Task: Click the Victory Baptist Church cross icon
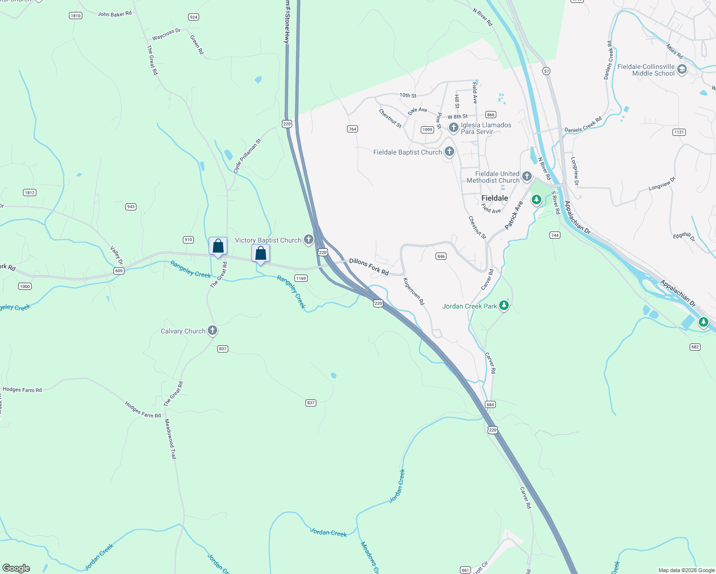click(309, 240)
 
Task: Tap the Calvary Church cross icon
click(213, 331)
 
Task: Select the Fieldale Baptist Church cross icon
click(449, 152)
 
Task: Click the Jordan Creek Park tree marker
click(503, 305)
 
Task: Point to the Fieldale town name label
click(494, 198)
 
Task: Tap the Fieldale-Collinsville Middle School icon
click(682, 69)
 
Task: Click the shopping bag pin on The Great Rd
click(218, 246)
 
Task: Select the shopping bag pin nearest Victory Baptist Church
click(261, 253)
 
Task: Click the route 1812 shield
click(30, 193)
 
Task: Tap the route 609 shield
click(119, 271)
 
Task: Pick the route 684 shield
click(490, 405)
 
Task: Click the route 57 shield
click(546, 71)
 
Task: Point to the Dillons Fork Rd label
click(369, 267)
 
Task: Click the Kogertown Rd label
click(414, 291)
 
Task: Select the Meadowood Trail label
click(171, 439)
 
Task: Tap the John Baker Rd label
click(114, 14)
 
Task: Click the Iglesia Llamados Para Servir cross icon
click(453, 128)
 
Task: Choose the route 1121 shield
click(679, 132)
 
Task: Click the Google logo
click(16, 568)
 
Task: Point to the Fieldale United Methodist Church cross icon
click(526, 177)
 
